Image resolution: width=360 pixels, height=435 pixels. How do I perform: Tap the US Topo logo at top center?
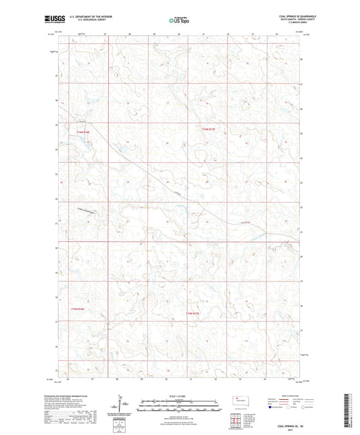coord(178,20)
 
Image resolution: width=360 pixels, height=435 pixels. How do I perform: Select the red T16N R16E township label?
coord(83,132)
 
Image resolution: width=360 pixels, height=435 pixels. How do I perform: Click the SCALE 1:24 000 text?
coord(178,394)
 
